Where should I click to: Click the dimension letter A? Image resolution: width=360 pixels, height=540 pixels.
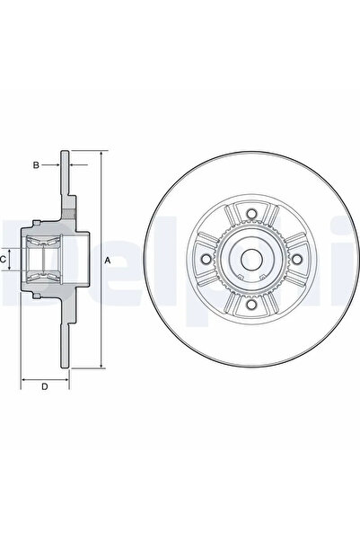point(108,260)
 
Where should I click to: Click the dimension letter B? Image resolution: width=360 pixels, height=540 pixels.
point(37,165)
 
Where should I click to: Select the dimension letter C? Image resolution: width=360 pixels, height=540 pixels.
point(5,260)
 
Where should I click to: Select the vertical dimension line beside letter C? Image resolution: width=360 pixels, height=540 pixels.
point(15,260)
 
